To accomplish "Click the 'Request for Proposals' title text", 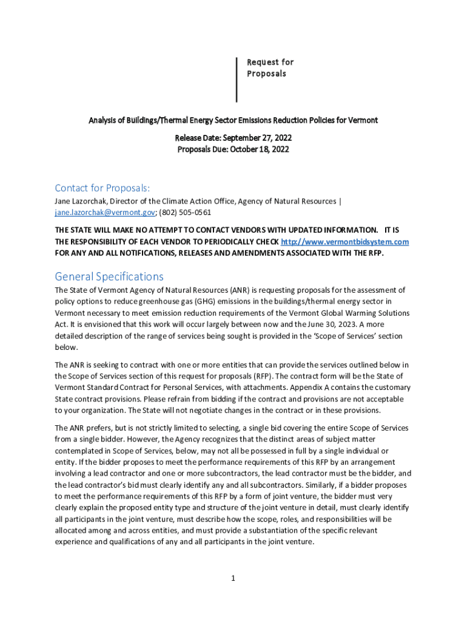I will coord(270,67).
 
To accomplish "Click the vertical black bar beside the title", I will coord(237,80).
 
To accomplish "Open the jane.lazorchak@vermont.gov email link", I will coord(105,213).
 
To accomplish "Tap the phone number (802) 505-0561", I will coord(186,213).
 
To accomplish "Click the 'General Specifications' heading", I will coord(109,276).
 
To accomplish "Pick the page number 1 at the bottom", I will coord(233,578).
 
